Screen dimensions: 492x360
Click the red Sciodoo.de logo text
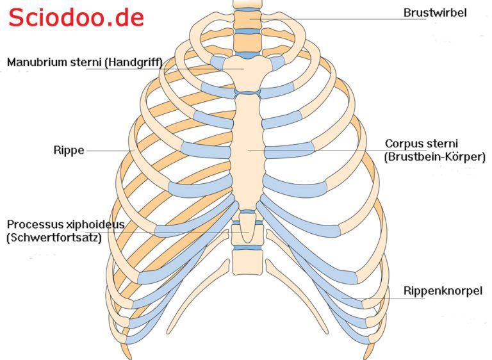click(76, 17)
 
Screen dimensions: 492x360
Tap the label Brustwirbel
click(435, 13)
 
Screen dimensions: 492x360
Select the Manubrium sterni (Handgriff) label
click(85, 62)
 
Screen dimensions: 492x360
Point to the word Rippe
click(69, 150)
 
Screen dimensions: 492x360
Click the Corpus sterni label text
click(422, 143)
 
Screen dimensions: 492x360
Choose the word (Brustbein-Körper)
click(435, 156)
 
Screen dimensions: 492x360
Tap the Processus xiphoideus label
click(66, 225)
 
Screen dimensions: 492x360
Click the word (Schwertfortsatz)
click(54, 238)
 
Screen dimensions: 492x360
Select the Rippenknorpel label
click(443, 291)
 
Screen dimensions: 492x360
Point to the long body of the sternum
click(248, 151)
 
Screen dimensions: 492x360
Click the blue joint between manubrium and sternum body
click(247, 93)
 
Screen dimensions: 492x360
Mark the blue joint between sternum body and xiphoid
click(247, 211)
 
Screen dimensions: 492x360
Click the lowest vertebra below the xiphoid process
click(247, 263)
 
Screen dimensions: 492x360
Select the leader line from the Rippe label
click(111, 151)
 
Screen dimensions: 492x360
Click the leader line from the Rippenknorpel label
click(384, 299)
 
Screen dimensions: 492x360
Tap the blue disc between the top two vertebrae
click(247, 10)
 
